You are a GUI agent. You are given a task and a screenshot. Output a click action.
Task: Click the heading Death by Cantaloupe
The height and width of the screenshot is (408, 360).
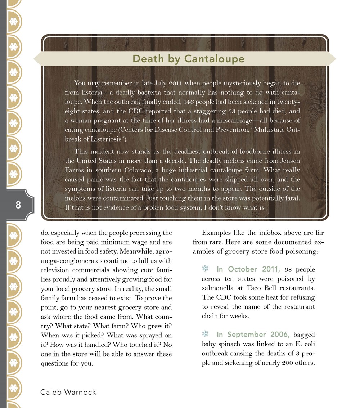pyautogui.click(x=184, y=59)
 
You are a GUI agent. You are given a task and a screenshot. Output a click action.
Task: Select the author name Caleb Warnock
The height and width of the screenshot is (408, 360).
pyautogui.click(x=68, y=392)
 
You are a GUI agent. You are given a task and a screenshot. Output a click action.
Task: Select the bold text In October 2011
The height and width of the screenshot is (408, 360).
pyautogui.click(x=248, y=269)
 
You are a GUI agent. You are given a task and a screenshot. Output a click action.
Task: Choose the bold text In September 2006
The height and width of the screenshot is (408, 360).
pyautogui.click(x=253, y=335)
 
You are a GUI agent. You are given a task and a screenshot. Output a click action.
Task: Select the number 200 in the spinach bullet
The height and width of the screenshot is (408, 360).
pyautogui.click(x=287, y=363)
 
